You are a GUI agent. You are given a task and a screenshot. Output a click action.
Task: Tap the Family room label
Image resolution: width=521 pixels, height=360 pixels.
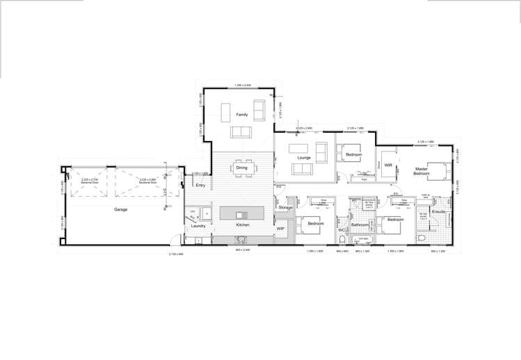tap(241, 114)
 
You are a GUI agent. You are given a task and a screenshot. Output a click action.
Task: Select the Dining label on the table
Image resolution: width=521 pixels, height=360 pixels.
tap(241, 167)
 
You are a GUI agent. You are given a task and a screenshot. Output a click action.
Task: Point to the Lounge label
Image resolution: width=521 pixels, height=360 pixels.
tap(304, 158)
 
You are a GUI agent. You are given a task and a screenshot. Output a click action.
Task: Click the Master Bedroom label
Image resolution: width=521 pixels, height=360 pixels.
tap(422, 171)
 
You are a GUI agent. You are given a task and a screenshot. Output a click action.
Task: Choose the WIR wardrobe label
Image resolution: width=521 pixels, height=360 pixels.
tap(389, 165)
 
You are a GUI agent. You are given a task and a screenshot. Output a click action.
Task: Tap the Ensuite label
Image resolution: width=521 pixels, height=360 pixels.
tap(438, 212)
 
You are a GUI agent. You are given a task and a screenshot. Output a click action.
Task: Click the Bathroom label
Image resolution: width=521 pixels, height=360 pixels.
tap(360, 225)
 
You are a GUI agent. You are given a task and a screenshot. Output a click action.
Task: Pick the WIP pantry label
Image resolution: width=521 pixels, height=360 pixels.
tap(280, 228)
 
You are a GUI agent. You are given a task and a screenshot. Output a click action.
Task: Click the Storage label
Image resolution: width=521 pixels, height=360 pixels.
tap(285, 207)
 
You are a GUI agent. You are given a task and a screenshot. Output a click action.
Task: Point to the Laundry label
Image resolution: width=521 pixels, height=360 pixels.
tap(198, 225)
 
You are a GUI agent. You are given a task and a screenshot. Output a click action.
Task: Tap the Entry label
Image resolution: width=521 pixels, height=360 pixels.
tap(201, 186)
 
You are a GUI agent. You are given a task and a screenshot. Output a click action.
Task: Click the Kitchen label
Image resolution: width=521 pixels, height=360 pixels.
tap(242, 225)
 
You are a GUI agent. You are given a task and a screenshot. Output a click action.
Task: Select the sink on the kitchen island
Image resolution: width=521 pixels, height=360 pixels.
tap(241, 214)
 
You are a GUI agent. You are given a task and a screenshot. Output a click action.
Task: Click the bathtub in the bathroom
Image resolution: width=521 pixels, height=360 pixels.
tap(362, 240)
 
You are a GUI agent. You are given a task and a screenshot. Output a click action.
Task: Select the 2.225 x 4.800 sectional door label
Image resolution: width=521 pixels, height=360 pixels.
tap(147, 181)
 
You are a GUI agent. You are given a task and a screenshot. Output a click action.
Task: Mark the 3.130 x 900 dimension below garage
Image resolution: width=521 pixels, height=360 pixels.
tap(176, 254)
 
